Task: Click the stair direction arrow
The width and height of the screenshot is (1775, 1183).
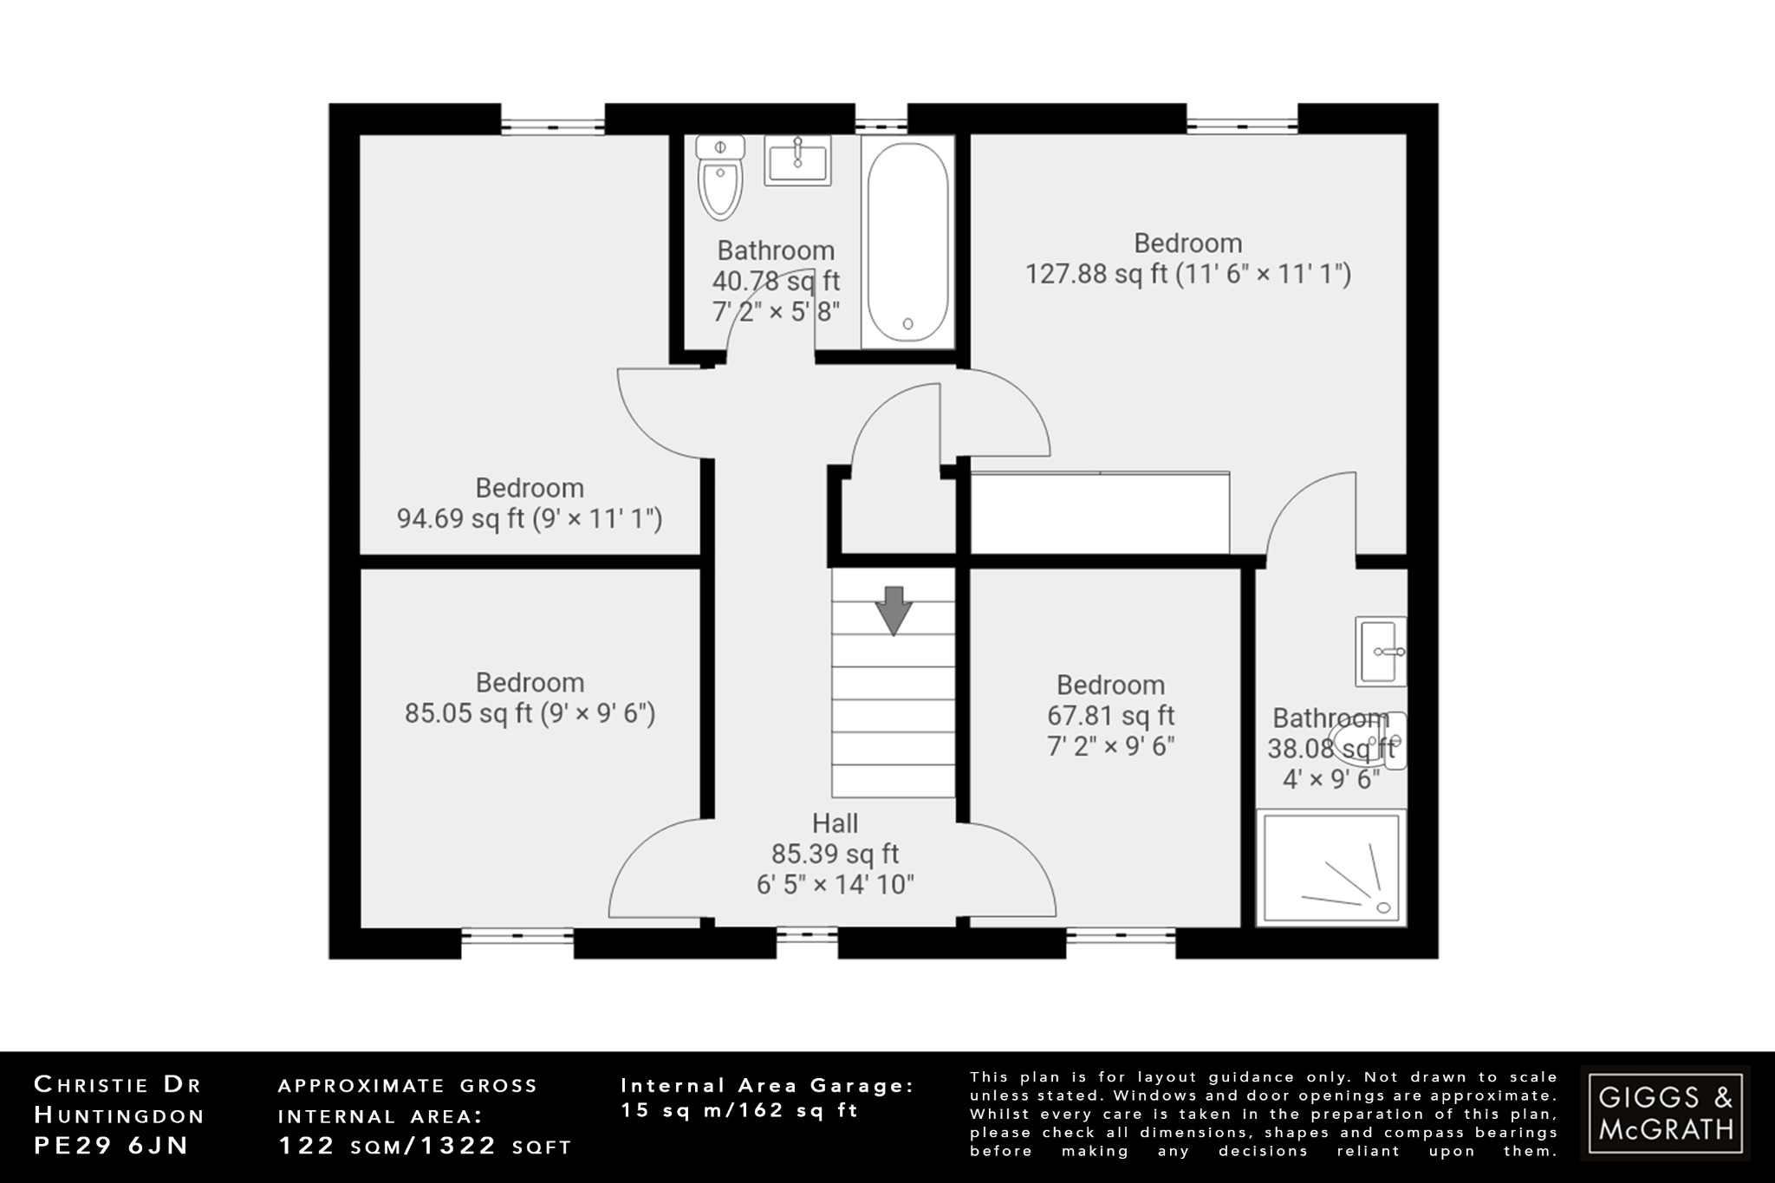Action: pos(894,609)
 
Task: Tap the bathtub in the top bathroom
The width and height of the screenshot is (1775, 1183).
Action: pos(907,242)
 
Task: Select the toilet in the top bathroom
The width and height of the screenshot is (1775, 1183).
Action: pos(720,177)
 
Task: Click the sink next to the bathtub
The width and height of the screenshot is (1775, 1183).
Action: pos(797,160)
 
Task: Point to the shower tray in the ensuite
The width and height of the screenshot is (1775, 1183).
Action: pos(1330,868)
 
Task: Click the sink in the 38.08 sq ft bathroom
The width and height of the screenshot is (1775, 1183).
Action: pos(1381,651)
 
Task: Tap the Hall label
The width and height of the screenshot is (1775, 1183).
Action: pos(835,823)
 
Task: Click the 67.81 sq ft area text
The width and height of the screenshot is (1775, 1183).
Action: pos(1110,716)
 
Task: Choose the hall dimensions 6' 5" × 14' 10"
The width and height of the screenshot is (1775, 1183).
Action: pos(835,885)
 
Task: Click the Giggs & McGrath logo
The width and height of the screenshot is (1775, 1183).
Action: pos(1665,1113)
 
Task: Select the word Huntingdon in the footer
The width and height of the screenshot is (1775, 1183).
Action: pos(120,1115)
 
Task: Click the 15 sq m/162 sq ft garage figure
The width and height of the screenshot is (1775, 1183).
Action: pos(739,1110)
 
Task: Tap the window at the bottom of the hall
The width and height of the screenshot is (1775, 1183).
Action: pos(806,936)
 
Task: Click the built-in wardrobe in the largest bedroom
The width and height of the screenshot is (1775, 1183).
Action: pos(1099,512)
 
